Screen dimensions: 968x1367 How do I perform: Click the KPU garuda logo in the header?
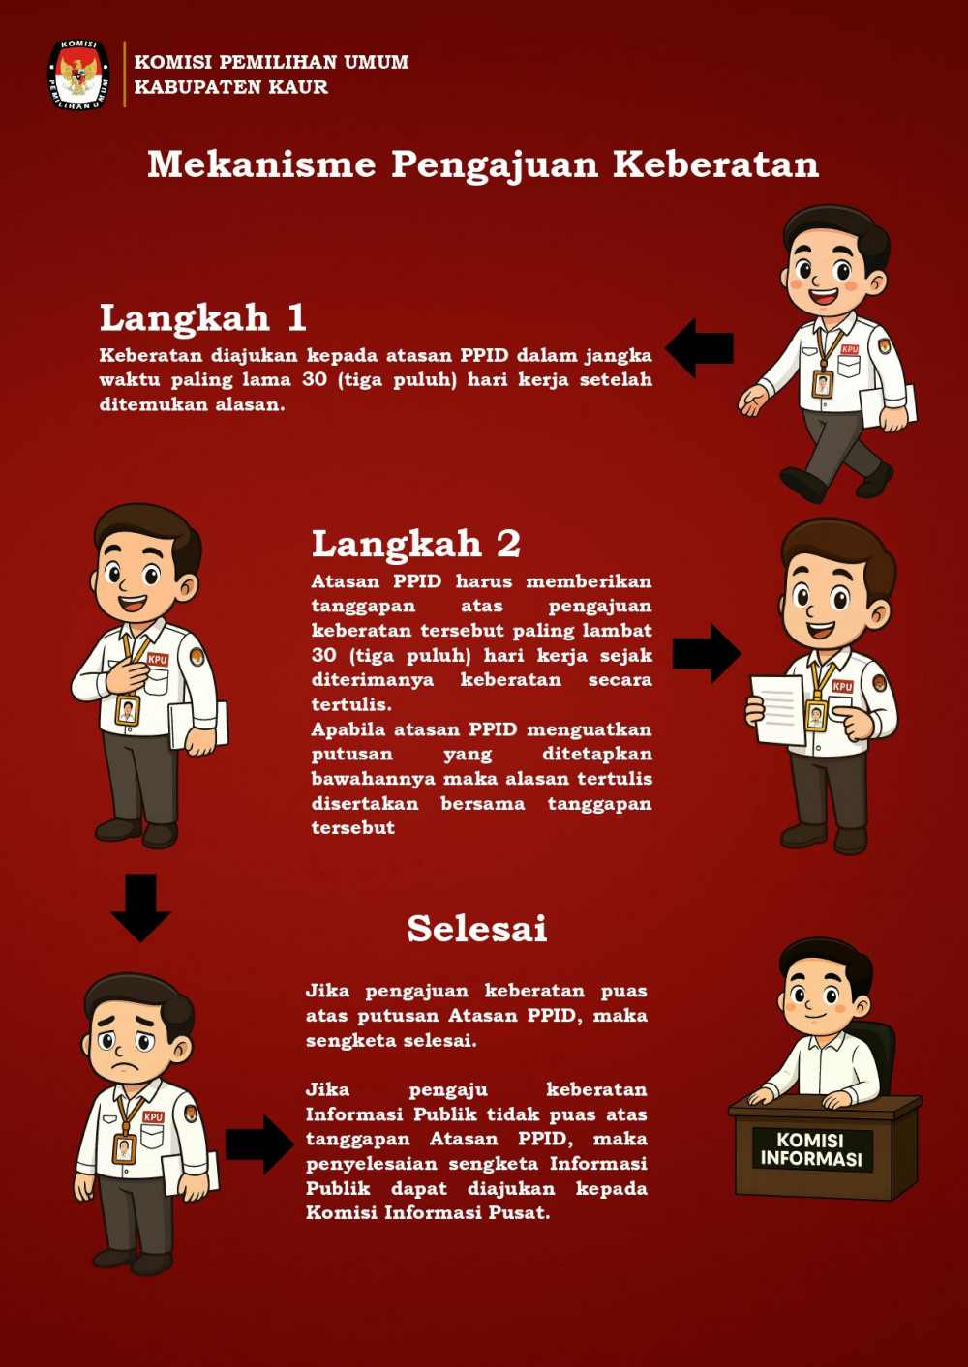pyautogui.click(x=78, y=75)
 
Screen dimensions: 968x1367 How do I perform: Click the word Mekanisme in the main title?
pyautogui.click(x=261, y=164)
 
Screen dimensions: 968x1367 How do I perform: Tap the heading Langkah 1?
pyautogui.click(x=202, y=318)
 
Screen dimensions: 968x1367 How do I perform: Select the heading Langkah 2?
pyautogui.click(x=416, y=544)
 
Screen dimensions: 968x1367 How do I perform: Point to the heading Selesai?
pyautogui.click(x=477, y=929)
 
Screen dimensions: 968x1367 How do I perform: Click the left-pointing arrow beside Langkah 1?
pyautogui.click(x=699, y=348)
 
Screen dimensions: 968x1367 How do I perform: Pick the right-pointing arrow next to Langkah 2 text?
pyautogui.click(x=708, y=654)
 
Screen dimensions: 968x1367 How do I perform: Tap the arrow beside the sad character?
pyautogui.click(x=260, y=1144)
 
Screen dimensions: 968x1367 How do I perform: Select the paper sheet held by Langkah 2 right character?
pyautogui.click(x=778, y=710)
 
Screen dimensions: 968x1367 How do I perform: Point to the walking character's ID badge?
pyautogui.click(x=823, y=383)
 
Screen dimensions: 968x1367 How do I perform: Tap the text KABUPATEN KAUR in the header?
pyautogui.click(x=230, y=87)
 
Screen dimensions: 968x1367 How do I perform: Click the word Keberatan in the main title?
pyautogui.click(x=715, y=164)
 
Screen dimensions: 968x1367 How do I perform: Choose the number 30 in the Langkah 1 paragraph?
pyautogui.click(x=315, y=379)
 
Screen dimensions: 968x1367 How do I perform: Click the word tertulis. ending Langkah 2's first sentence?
pyautogui.click(x=351, y=705)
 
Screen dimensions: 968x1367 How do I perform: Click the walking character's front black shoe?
pyautogui.click(x=802, y=484)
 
